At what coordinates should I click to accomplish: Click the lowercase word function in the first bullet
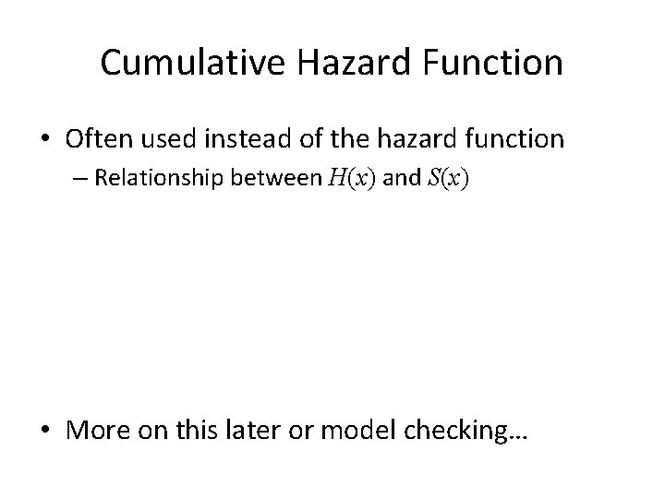click(524, 139)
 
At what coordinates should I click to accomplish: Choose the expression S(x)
click(450, 178)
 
